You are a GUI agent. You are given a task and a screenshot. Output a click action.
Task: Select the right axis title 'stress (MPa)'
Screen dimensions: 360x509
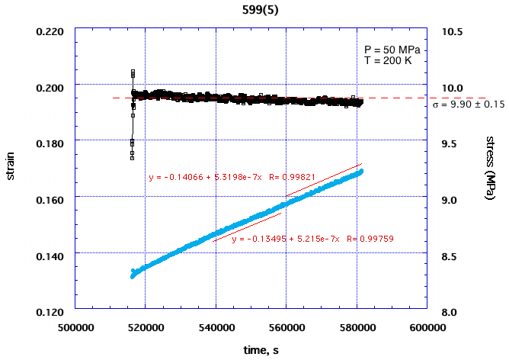491,169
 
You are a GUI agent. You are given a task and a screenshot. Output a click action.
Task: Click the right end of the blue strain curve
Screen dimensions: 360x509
361,171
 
